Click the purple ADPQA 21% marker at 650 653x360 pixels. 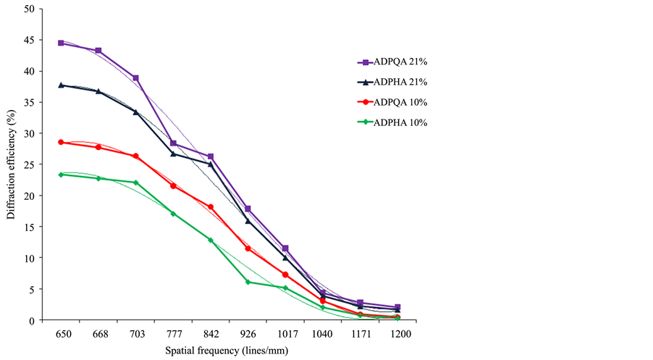coord(61,43)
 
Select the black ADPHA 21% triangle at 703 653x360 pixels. coord(135,112)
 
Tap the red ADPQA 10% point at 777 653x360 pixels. coord(173,186)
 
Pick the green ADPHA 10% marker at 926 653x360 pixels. coord(248,282)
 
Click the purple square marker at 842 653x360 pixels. coord(211,156)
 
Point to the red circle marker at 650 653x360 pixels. coord(61,142)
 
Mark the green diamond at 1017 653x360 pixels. coord(285,288)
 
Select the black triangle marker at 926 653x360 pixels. coord(248,221)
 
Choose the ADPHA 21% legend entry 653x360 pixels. coord(395,83)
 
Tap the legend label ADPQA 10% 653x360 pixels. coord(395,102)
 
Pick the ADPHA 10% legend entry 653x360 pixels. coord(395,122)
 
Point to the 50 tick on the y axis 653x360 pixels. coord(28,9)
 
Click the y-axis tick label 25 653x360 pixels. coord(28,164)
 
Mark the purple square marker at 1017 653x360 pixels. coord(285,248)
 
